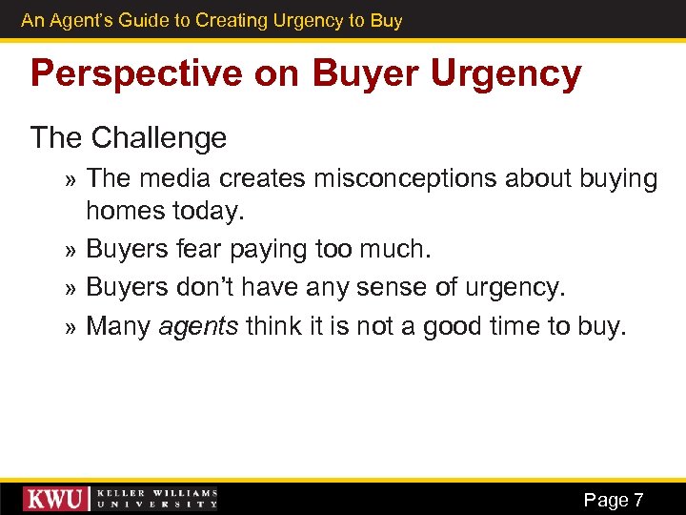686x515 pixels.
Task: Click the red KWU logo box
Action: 56,499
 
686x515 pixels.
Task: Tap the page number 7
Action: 637,500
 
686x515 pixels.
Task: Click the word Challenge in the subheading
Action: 159,137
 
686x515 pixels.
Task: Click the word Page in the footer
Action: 605,500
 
